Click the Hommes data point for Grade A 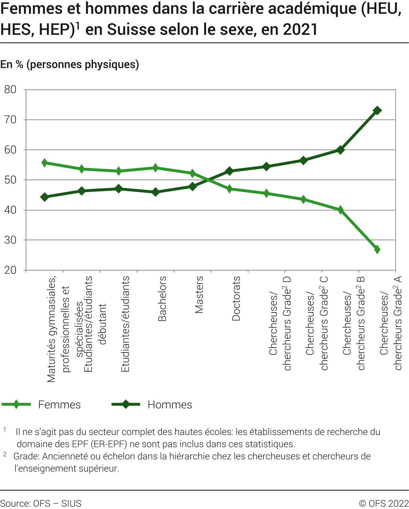pyautogui.click(x=377, y=111)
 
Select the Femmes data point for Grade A pyautogui.click(x=377, y=249)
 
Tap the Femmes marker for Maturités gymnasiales pyautogui.click(x=45, y=163)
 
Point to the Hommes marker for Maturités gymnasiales pyautogui.click(x=45, y=197)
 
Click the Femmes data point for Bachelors pyautogui.click(x=155, y=168)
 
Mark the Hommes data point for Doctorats pyautogui.click(x=229, y=171)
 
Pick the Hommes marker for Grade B pyautogui.click(x=340, y=150)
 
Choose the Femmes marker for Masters pyautogui.click(x=192, y=173)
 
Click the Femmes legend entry pyautogui.click(x=59, y=405)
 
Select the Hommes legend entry pyautogui.click(x=169, y=405)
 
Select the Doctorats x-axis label pyautogui.click(x=236, y=298)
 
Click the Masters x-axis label pyautogui.click(x=199, y=295)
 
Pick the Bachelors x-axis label pyautogui.click(x=162, y=299)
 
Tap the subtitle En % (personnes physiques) pyautogui.click(x=70, y=64)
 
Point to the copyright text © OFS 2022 pyautogui.click(x=384, y=503)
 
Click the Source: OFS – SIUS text pyautogui.click(x=41, y=503)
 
